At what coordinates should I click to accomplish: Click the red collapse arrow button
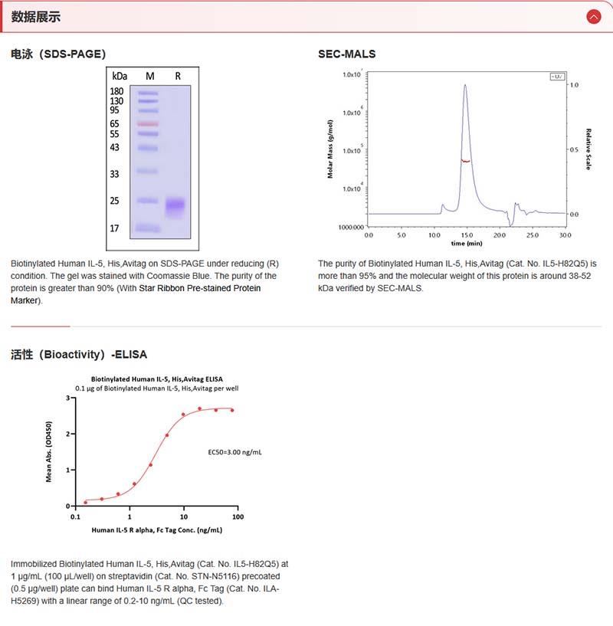593,16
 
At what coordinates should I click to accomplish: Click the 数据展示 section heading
36,17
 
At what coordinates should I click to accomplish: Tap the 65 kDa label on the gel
115,123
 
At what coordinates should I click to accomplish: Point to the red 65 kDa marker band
148,123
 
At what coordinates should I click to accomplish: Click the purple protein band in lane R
176,205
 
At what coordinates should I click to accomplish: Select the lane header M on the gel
149,76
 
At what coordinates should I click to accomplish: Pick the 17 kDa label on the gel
115,228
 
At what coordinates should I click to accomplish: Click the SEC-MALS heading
346,54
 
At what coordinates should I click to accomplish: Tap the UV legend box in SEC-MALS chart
556,76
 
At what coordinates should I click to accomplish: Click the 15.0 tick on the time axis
467,235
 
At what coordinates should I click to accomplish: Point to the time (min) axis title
467,244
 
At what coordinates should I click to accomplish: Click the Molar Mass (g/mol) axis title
331,149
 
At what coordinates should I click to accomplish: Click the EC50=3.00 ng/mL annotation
235,452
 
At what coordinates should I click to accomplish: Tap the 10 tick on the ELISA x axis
184,516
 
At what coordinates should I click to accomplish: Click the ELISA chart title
157,379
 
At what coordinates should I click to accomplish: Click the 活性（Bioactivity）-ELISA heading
79,355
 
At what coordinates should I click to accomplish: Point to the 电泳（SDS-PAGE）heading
58,54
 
